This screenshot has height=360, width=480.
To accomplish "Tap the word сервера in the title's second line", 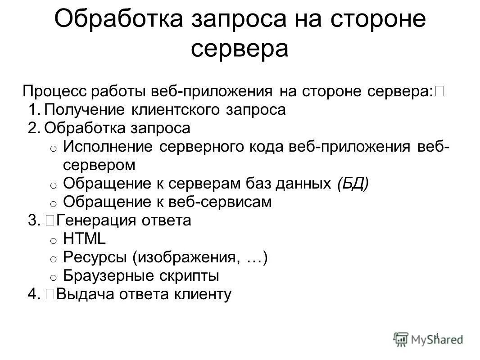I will (240, 49).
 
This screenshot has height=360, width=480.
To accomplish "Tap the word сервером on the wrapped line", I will (99, 166).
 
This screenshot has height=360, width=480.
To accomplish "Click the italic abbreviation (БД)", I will (352, 184).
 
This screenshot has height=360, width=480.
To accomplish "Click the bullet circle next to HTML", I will (53, 241).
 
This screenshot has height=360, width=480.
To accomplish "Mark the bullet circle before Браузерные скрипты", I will (53, 278).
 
